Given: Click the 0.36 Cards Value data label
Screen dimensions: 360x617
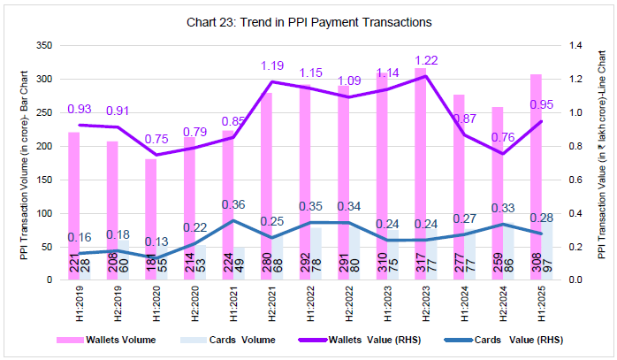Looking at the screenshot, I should (x=232, y=203).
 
